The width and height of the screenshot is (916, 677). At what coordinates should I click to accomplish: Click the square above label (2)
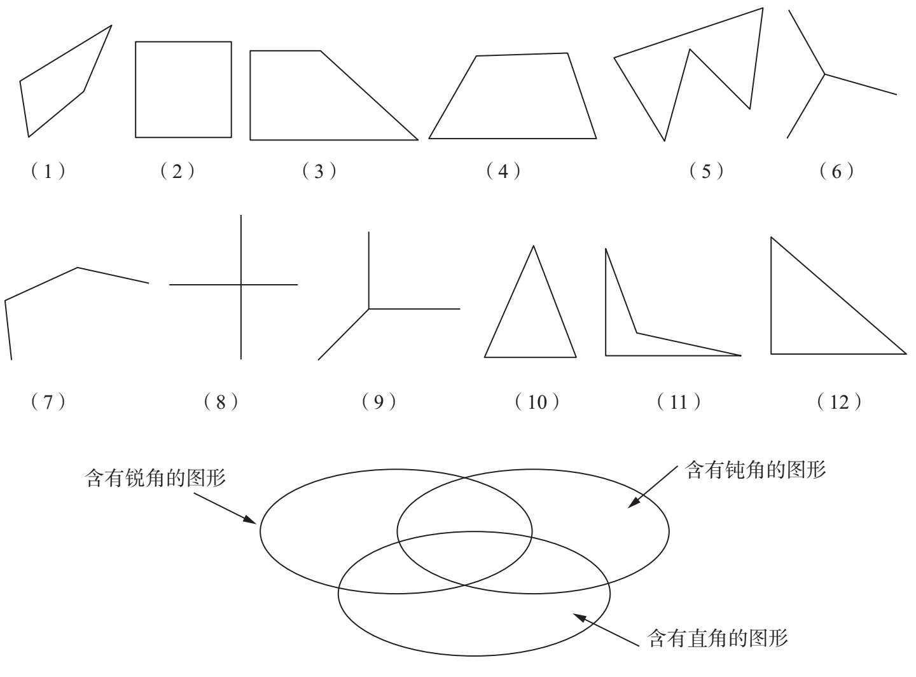(x=183, y=89)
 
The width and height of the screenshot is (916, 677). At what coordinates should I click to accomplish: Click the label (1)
(x=48, y=171)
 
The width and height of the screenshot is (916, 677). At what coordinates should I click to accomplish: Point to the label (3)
(x=319, y=171)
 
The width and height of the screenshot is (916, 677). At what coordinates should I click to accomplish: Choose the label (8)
(x=221, y=402)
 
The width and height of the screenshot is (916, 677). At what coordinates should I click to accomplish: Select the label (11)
(x=679, y=402)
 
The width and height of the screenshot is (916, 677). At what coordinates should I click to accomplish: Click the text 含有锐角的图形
(x=155, y=477)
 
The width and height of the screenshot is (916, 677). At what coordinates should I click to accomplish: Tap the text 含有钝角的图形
(x=755, y=470)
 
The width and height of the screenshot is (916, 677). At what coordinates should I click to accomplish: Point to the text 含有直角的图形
(x=718, y=637)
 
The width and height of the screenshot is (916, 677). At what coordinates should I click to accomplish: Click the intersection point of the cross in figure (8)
(x=241, y=285)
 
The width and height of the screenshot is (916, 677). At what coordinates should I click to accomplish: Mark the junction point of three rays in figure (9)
(x=369, y=309)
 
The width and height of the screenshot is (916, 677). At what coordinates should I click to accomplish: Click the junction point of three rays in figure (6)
(x=825, y=74)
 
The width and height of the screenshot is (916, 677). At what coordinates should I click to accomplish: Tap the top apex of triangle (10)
(x=533, y=246)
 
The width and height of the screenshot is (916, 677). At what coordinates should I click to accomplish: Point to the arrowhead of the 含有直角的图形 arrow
(x=575, y=614)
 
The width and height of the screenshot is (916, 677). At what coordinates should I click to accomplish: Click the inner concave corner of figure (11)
(x=637, y=332)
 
